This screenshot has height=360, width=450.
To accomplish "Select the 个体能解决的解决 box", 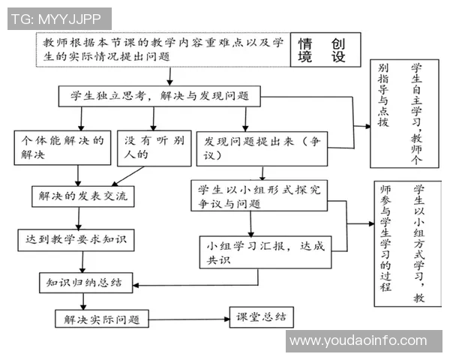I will point(61,147).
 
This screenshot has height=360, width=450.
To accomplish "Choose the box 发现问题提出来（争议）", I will point(262,147).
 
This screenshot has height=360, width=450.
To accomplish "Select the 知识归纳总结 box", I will point(85,283).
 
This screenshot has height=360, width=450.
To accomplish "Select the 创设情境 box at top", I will point(322,50).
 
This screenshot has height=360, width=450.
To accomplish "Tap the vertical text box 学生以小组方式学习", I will point(406,244).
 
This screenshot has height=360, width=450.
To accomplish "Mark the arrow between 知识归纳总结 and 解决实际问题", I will point(82,301).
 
